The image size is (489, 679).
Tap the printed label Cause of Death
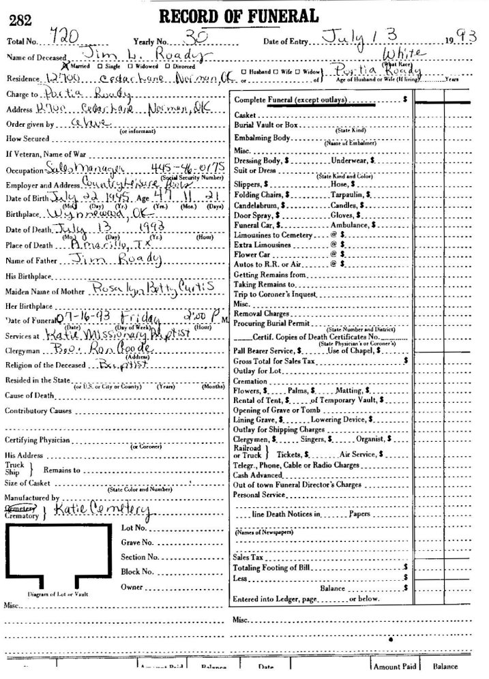point(29,395)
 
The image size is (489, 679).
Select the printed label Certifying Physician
point(37,440)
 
